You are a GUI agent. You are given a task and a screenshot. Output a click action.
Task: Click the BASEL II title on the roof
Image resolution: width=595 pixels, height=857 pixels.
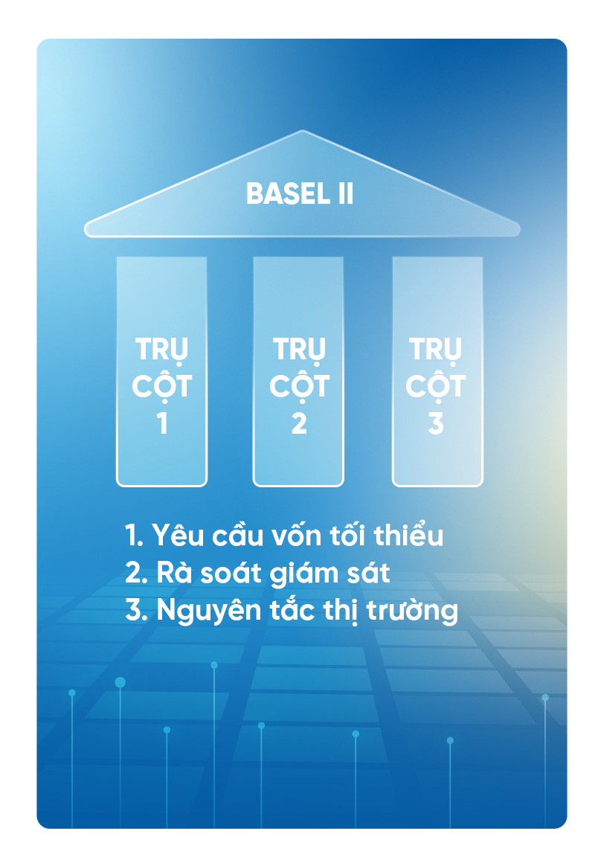coord(300,193)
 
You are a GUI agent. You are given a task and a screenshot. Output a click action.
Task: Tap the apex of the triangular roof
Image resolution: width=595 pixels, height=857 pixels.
coord(302,131)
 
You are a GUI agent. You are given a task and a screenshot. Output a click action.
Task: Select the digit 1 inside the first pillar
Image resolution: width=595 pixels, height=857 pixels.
coord(162,423)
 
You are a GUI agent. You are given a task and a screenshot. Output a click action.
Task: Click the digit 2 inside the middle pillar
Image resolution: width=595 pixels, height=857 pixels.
coord(299,423)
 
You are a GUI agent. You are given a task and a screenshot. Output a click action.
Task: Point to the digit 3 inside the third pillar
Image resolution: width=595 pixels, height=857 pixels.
coord(435,423)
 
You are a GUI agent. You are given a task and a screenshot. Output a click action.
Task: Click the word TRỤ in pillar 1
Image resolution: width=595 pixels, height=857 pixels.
coord(161,350)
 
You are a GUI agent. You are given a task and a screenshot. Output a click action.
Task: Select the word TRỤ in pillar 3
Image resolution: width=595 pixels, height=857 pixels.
coord(435,350)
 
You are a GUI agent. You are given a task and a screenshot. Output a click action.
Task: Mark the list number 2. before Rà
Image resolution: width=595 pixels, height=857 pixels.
coord(136,573)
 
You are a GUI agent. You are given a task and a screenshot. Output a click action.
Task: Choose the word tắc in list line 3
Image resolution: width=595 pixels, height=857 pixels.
coord(293,609)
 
